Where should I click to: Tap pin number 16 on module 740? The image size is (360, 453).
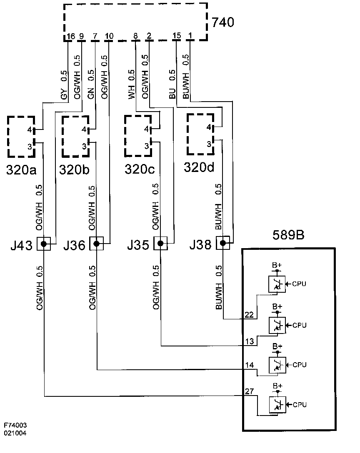click(x=70, y=36)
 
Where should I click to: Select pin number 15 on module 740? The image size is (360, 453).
click(x=176, y=36)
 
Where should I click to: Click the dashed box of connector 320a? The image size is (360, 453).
click(x=21, y=137)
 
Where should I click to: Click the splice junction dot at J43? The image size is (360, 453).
click(x=44, y=244)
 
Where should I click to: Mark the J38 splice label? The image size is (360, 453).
click(x=200, y=245)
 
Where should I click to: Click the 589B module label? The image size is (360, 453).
click(x=288, y=235)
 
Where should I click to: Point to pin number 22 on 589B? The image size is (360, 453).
click(x=249, y=315)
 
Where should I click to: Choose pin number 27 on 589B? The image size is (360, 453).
click(x=249, y=391)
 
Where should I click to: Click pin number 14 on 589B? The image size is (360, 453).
click(x=249, y=365)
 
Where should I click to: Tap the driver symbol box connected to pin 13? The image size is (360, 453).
click(x=277, y=324)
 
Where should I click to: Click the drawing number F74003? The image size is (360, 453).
click(x=15, y=426)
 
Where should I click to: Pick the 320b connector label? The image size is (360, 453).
click(x=74, y=169)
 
